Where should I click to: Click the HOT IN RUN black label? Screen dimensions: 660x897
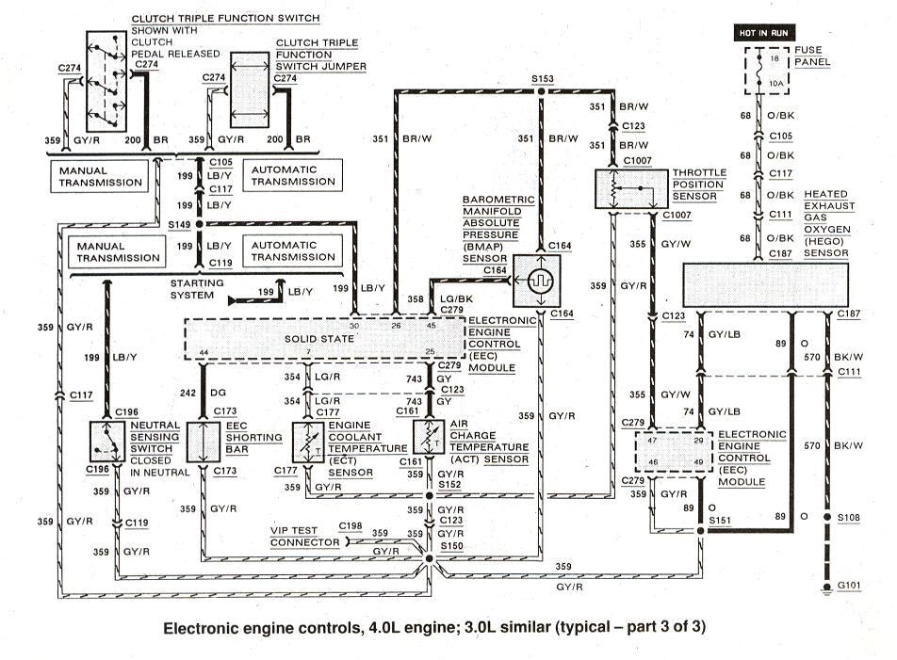click(765, 32)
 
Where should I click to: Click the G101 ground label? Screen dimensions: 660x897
click(849, 586)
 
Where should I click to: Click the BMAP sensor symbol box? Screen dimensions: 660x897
click(541, 281)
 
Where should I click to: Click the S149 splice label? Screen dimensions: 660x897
click(177, 225)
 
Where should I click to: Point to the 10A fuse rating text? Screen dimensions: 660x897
click(774, 84)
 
